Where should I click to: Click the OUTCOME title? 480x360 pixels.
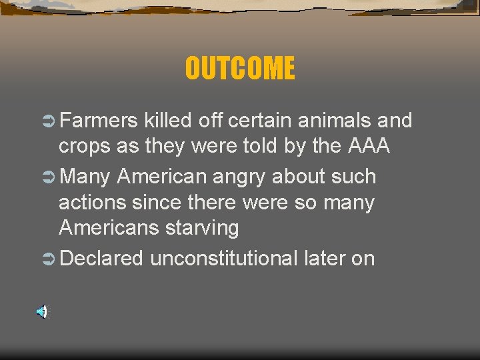click(240, 68)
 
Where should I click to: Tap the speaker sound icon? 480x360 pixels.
click(41, 311)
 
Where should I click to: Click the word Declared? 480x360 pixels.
click(101, 258)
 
